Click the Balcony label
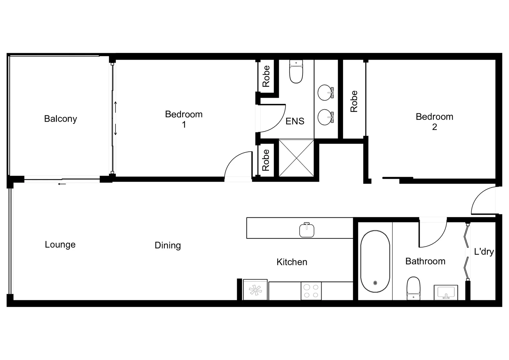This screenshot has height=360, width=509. (60, 119)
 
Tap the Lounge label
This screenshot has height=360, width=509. (60, 245)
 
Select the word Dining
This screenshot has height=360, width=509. (168, 245)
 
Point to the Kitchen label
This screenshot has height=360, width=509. (291, 262)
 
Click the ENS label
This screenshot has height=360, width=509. (295, 121)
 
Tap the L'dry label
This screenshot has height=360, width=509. (484, 252)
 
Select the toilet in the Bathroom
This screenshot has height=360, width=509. (413, 288)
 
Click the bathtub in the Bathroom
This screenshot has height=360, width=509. (375, 261)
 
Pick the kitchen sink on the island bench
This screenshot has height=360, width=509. (306, 230)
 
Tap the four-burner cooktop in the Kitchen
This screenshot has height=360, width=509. (311, 291)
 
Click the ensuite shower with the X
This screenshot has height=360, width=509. (296, 158)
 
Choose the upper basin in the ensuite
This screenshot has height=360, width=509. (325, 93)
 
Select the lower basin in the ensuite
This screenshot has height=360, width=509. (325, 117)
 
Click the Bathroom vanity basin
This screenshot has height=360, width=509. (445, 292)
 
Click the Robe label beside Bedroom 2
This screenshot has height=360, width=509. (354, 101)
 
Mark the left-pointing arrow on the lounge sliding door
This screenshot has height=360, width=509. (62, 184)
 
